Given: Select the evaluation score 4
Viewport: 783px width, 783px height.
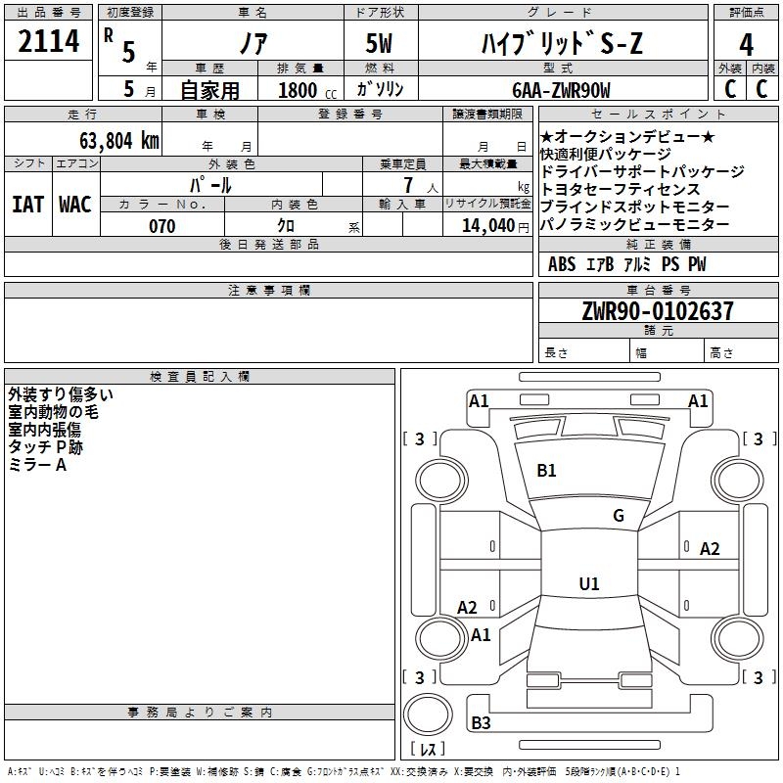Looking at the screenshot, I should (x=746, y=44).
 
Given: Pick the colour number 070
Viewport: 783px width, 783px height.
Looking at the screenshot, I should (x=161, y=226).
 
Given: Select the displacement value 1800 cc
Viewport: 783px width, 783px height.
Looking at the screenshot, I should (x=303, y=90).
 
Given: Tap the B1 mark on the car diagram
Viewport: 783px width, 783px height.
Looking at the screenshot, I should (x=546, y=471).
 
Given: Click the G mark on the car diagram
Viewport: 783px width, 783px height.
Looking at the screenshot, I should (x=618, y=516).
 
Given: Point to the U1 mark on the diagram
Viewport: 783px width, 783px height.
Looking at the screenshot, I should (x=588, y=584).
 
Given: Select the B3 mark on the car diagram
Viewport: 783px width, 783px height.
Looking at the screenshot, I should (x=481, y=723).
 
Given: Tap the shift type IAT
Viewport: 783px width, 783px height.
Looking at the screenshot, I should (x=27, y=205).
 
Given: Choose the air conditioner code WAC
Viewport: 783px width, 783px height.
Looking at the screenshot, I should (x=75, y=205).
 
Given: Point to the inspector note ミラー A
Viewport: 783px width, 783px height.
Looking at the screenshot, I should (x=37, y=465).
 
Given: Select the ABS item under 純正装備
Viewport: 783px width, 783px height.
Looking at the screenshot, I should (x=562, y=264).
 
